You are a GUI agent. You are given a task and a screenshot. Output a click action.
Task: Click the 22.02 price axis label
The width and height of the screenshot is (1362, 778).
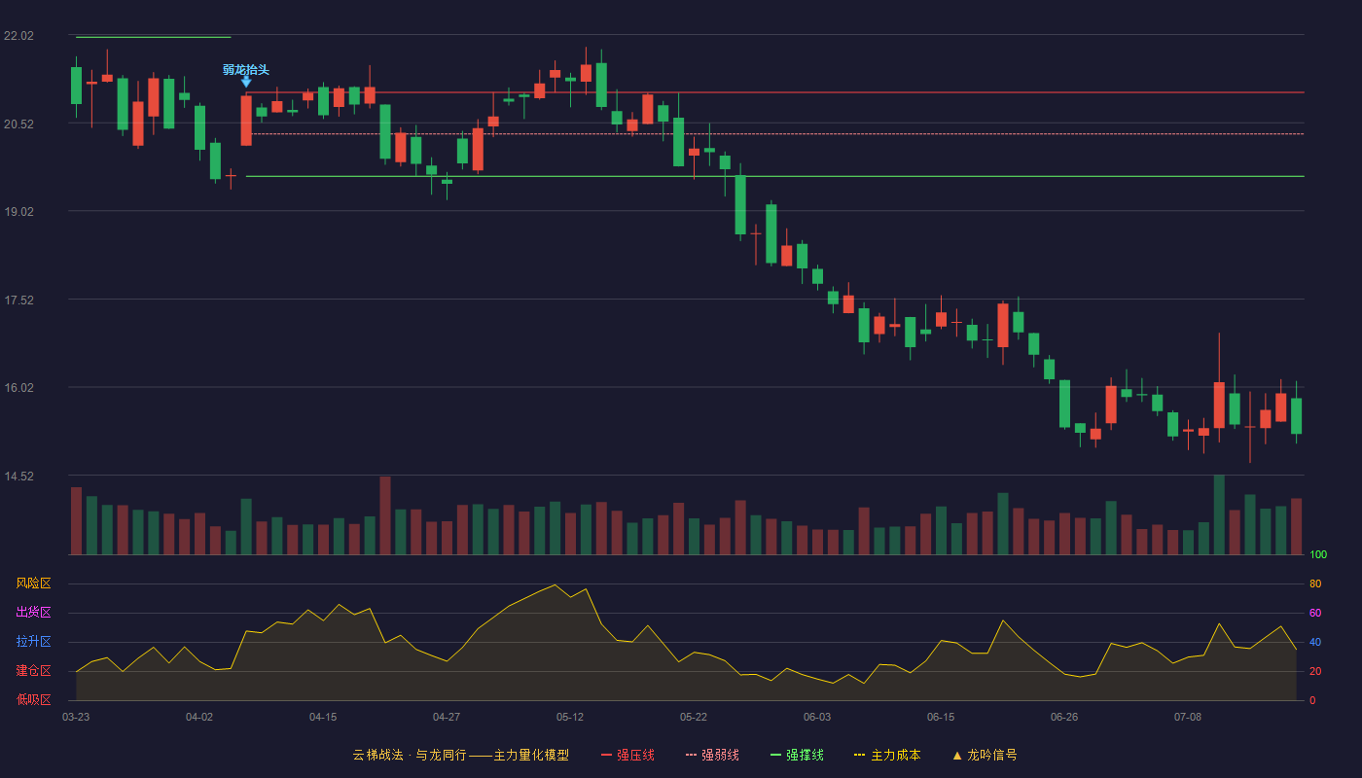[x=18, y=36]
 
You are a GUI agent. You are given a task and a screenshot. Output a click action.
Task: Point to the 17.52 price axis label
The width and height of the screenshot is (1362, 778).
[x=18, y=301]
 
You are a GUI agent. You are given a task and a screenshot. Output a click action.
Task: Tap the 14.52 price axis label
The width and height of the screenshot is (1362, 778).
[x=18, y=477]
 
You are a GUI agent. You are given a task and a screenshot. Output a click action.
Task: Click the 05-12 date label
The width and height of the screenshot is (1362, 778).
[x=570, y=718]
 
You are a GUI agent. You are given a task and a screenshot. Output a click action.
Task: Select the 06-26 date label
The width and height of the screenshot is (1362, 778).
[x=1064, y=718]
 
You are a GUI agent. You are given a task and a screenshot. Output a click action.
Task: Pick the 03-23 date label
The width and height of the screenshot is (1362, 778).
[x=76, y=718]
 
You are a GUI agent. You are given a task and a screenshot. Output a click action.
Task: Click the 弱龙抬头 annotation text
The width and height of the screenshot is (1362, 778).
[x=245, y=70]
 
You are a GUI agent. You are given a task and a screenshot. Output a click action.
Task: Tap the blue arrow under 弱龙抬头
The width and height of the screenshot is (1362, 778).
[x=246, y=82]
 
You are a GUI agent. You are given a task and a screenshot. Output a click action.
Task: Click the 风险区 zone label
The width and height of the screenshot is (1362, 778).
[x=33, y=583]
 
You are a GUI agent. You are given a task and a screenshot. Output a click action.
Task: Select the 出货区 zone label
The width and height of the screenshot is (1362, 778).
[x=33, y=612]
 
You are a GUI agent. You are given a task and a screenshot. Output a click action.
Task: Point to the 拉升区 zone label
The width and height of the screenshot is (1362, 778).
[x=33, y=641]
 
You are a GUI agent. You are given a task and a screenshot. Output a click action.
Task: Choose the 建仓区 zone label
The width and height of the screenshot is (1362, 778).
[x=33, y=670]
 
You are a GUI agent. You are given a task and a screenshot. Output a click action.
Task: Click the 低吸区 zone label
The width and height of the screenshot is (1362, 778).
[x=33, y=699]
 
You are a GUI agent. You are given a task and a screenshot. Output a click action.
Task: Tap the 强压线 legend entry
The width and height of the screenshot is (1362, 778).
[x=627, y=755]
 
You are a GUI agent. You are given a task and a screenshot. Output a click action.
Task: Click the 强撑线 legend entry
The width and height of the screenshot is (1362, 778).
[x=797, y=755]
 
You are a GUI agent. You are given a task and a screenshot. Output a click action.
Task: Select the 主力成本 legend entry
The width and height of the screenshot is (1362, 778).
[x=887, y=755]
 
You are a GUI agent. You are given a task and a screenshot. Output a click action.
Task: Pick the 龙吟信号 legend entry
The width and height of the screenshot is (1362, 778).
[x=985, y=755]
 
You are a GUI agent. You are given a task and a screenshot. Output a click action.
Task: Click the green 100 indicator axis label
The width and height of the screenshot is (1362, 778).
[x=1318, y=554]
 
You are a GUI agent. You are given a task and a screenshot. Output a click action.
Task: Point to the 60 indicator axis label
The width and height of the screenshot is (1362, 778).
[x=1315, y=613]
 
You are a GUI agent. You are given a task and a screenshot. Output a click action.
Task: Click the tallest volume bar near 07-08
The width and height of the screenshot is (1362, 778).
[x=1219, y=514]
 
